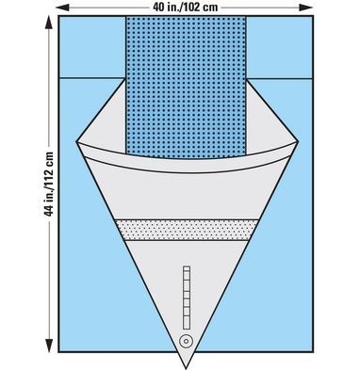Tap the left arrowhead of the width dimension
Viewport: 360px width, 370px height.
[59, 8]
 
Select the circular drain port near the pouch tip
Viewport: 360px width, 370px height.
[185, 340]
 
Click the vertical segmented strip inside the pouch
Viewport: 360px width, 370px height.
[185, 291]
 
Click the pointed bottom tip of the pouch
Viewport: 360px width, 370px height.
[186, 363]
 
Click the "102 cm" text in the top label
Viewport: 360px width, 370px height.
[204, 8]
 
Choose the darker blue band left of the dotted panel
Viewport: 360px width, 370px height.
[91, 47]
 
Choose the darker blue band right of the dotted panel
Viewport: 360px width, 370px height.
[279, 47]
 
